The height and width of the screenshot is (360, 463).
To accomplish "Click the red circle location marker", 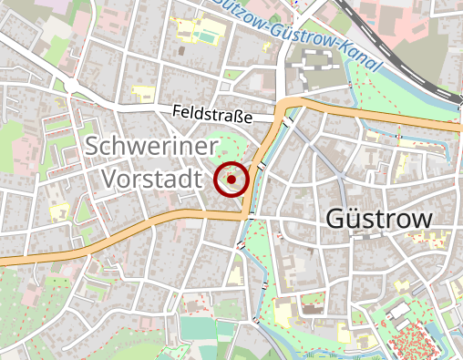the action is (x=232, y=180).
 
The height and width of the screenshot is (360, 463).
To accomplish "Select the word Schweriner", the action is (x=153, y=146).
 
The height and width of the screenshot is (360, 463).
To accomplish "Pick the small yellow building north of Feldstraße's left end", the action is (x=143, y=91).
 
